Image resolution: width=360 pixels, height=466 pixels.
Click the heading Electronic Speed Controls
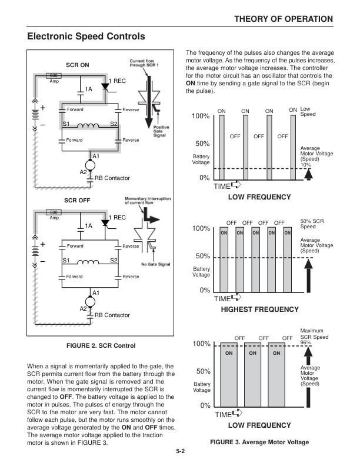[86, 36]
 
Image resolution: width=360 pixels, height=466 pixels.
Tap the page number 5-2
[180, 452]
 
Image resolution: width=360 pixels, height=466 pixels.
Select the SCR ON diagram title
[76, 65]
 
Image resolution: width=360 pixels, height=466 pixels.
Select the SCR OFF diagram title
[76, 200]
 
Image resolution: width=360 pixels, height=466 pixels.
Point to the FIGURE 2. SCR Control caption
[101, 345]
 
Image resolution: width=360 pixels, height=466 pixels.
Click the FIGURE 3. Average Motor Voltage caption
[259, 442]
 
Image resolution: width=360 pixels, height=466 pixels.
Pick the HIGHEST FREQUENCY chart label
[259, 309]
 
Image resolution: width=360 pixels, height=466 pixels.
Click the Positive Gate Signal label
[162, 131]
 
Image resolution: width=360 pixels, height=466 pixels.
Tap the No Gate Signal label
[156, 264]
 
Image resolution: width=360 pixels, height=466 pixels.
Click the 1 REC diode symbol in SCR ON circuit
[105, 86]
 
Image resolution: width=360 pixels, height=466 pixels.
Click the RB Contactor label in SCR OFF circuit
[112, 315]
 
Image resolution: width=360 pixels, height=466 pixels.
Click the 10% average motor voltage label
[306, 165]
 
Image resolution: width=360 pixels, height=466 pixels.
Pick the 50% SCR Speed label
[312, 224]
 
